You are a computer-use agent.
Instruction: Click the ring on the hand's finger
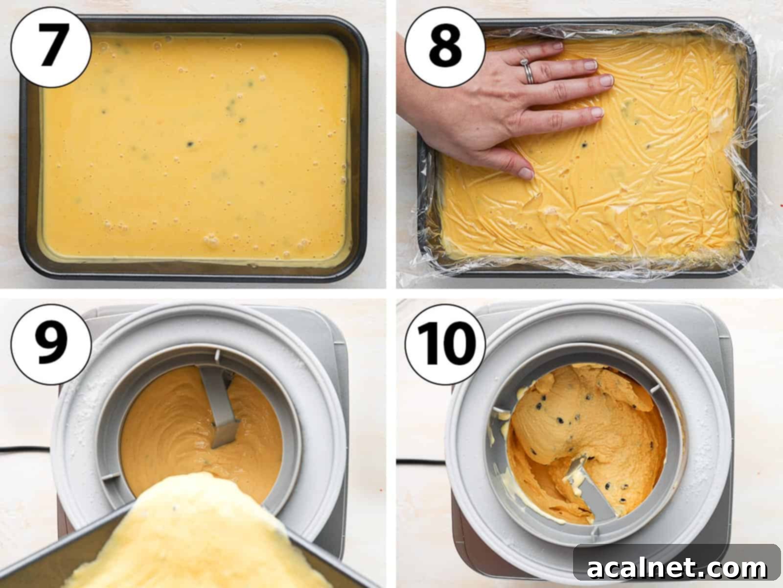[528, 72]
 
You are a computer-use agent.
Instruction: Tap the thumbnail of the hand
[525, 173]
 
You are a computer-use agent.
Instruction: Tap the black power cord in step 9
[24, 448]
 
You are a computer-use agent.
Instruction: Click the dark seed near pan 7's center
[190, 144]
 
